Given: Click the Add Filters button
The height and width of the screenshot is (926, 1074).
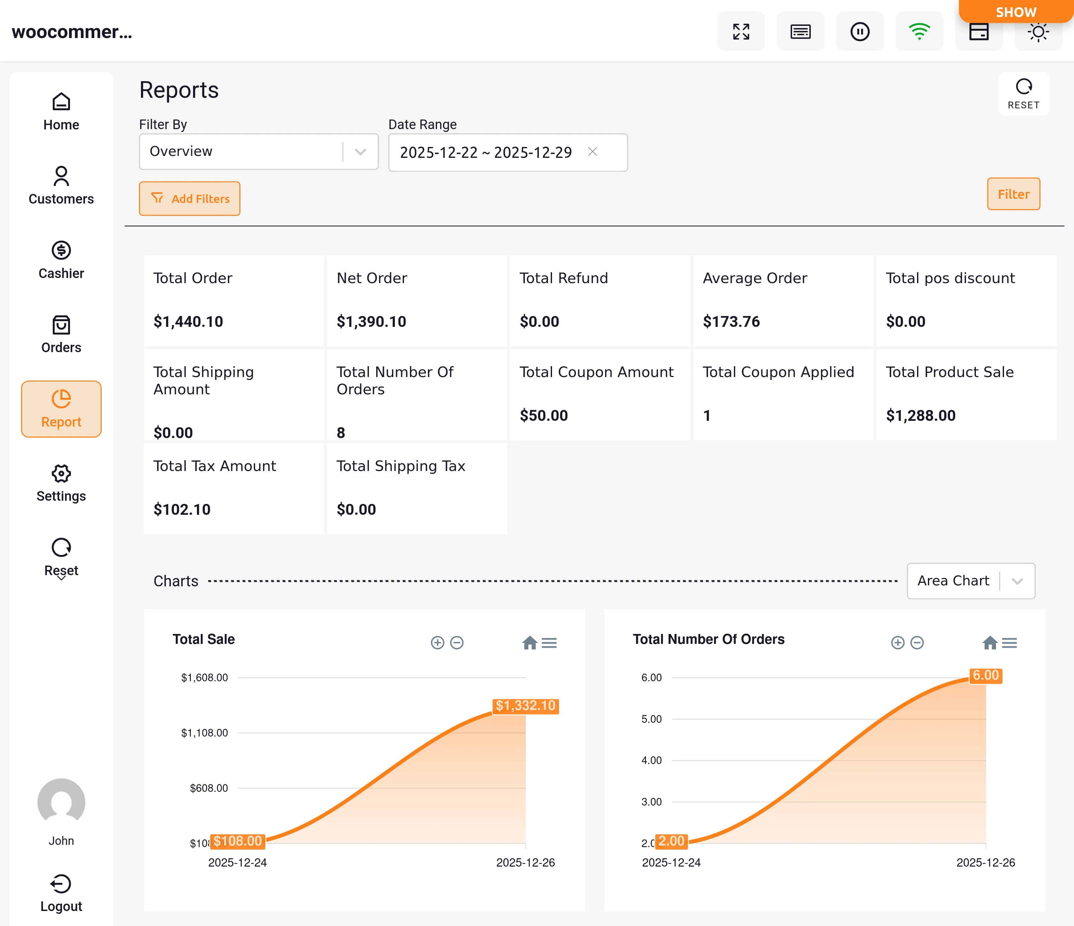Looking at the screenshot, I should point(190,198).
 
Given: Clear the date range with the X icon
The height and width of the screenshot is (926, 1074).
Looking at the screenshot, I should point(593,152).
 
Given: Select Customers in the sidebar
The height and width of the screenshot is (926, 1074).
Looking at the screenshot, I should point(61,186).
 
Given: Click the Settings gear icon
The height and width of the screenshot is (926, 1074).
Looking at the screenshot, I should point(61,474).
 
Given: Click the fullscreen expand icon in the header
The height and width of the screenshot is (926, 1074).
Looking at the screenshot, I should point(741,32).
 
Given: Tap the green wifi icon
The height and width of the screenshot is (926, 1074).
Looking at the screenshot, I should point(919,32).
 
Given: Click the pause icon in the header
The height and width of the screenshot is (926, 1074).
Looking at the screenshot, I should point(860,32).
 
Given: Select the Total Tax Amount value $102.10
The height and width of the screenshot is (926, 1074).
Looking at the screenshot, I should point(182,509).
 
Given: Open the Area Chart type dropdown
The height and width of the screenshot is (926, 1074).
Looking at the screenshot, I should point(970,581).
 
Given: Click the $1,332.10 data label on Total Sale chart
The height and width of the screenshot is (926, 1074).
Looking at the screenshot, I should point(525,706).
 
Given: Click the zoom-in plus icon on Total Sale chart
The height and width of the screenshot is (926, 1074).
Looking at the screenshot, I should point(438,643).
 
